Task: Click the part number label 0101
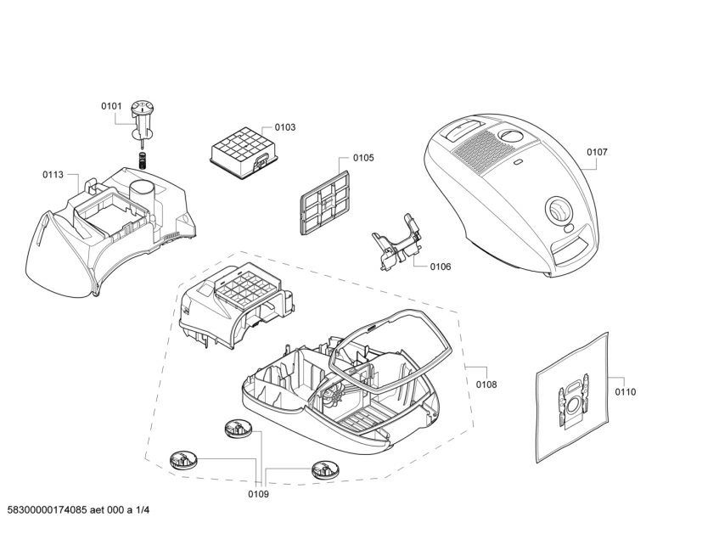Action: point(112,106)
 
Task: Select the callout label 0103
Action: point(284,127)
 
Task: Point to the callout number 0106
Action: point(440,267)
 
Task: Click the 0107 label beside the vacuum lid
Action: point(597,152)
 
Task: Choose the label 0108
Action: point(486,385)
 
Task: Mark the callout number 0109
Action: point(258,494)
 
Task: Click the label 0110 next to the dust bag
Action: point(626,391)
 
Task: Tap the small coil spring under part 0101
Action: point(143,158)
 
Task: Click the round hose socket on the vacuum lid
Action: point(559,209)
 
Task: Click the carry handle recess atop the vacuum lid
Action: point(461,127)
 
